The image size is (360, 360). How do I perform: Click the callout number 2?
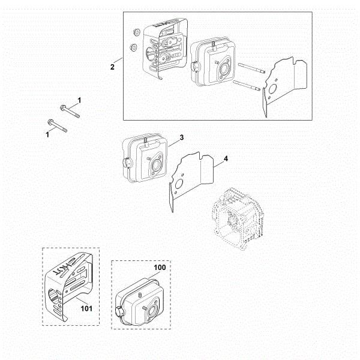[x=112, y=67]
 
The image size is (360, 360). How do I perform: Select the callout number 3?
[x=182, y=137]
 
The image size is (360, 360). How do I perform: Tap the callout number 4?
[x=226, y=158]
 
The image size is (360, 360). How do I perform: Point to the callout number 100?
[x=160, y=268]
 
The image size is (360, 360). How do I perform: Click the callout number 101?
[x=86, y=308]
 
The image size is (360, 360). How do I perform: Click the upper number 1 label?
[x=79, y=100]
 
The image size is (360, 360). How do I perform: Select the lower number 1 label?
[x=47, y=134]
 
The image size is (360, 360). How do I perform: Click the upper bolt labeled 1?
[x=70, y=112]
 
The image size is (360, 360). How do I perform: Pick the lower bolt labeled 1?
[x=57, y=126]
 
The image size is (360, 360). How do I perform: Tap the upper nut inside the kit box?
[x=136, y=32]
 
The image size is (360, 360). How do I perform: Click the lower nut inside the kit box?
[x=133, y=47]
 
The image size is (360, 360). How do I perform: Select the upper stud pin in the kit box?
[x=251, y=68]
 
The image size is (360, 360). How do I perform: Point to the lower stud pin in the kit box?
[x=247, y=85]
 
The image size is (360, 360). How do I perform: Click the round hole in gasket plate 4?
[x=179, y=184]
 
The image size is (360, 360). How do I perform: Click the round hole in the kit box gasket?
[x=272, y=89]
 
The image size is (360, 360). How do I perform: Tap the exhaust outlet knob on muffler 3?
[x=128, y=163]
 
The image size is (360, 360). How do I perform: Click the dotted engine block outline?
[x=238, y=218]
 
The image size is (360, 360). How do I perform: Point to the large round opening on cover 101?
[x=53, y=296]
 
